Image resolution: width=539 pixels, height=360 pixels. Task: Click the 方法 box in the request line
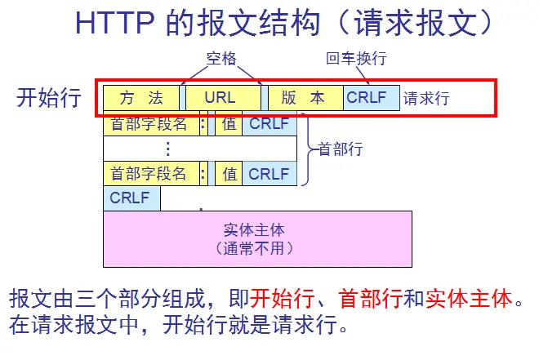coord(141,98)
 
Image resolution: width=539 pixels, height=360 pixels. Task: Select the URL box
coord(220,98)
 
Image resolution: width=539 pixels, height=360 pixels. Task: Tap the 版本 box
coord(304,98)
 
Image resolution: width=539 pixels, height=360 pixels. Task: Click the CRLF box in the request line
coord(371,98)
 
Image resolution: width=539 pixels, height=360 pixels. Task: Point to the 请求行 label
coord(426,99)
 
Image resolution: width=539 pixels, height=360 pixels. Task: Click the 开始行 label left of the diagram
coord(49,98)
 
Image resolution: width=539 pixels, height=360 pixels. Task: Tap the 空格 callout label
coord(220,60)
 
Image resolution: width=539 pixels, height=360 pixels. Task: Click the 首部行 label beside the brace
coord(341,149)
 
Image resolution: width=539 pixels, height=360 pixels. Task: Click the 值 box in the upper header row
coord(229,124)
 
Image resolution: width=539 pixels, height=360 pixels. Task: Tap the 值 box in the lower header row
coord(229,173)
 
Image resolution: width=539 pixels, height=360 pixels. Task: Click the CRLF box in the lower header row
coord(269,173)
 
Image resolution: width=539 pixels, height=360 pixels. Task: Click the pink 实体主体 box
coord(257,238)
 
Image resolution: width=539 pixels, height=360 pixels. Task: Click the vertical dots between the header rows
coord(168,149)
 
